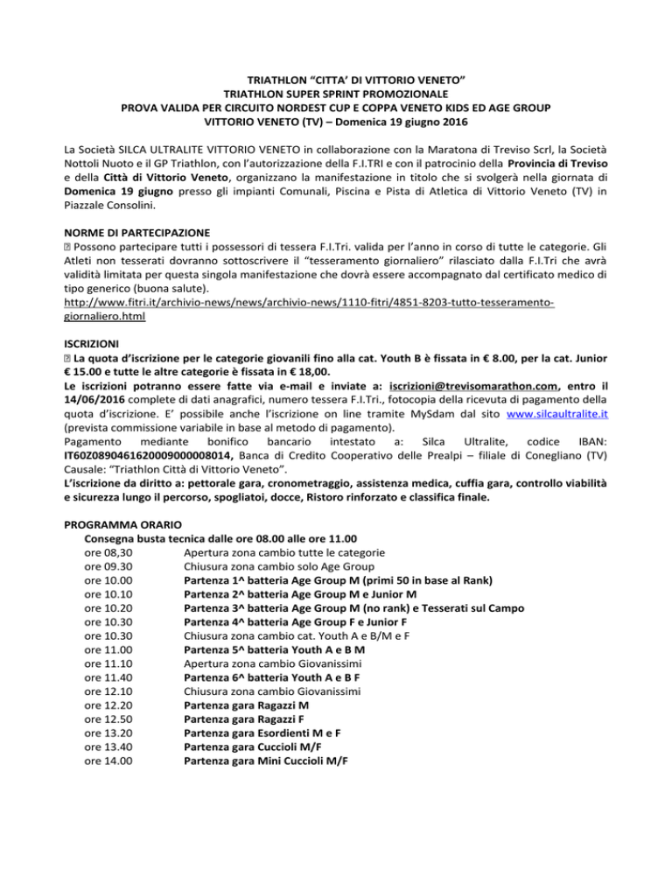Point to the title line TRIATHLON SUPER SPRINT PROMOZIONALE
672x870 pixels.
pos(337,95)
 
